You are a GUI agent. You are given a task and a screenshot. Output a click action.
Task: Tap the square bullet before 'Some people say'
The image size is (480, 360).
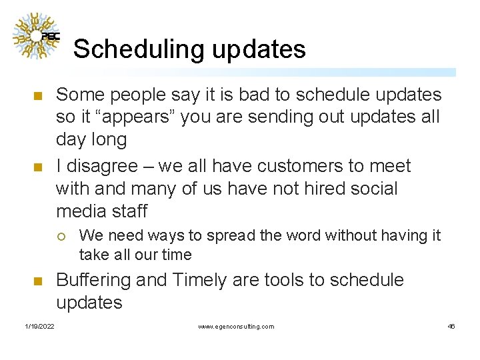[x=37, y=96]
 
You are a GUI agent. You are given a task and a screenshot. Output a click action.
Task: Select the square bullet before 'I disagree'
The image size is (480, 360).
[x=37, y=167]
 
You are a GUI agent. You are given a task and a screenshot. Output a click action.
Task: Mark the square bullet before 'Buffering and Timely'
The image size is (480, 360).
[x=37, y=281]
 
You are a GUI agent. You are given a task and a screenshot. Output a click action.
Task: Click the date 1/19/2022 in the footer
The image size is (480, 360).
[x=39, y=326]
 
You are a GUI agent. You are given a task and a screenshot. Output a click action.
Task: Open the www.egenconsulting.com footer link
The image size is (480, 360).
[x=236, y=326]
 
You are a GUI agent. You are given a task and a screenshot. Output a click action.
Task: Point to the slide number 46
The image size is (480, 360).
[x=451, y=326]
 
